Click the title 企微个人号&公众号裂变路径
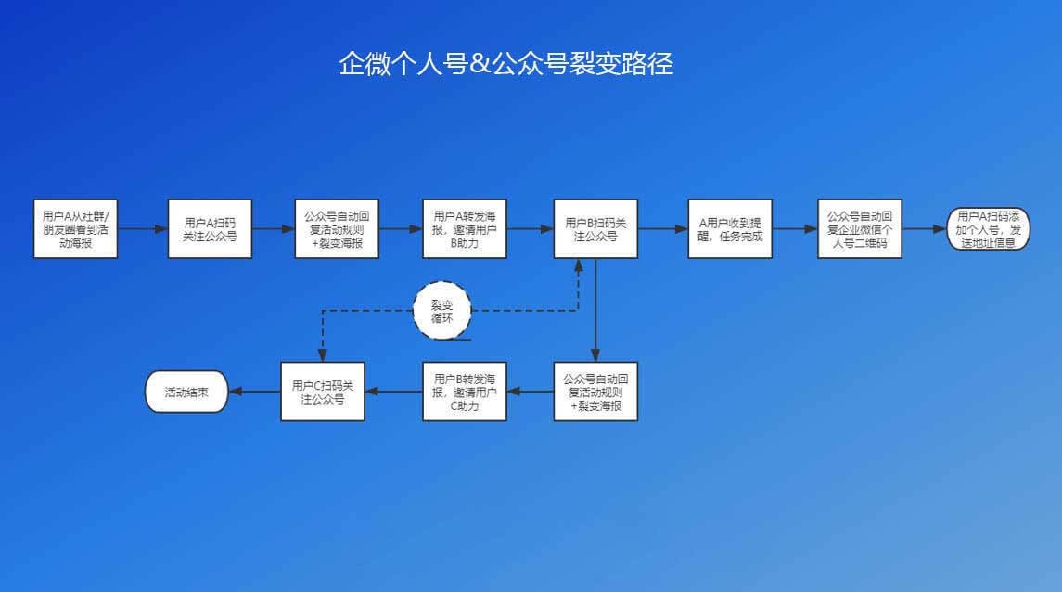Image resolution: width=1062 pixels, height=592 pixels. click(505, 64)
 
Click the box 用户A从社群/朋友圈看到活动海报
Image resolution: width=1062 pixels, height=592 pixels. click(75, 228)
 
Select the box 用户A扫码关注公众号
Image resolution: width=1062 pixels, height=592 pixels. click(211, 228)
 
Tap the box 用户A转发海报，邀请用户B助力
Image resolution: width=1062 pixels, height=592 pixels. click(465, 228)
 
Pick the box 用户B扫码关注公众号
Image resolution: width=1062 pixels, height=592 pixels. click(595, 228)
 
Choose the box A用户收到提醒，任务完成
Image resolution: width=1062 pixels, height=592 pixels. click(730, 228)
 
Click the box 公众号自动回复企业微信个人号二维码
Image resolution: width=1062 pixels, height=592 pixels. click(861, 228)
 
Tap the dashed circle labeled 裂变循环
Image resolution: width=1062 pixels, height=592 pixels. click(441, 309)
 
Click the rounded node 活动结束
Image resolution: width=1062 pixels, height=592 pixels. click(186, 392)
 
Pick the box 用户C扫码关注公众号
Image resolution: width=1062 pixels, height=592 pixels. click(323, 392)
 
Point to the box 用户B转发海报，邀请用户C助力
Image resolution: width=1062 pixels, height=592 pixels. click(465, 392)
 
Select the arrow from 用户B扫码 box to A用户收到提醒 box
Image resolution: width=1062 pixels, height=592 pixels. click(662, 228)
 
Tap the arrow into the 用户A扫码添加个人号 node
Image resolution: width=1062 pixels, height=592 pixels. click(924, 228)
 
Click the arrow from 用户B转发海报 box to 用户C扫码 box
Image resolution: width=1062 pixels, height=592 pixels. click(393, 392)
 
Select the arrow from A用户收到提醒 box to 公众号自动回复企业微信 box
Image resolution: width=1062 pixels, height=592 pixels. click(795, 228)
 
